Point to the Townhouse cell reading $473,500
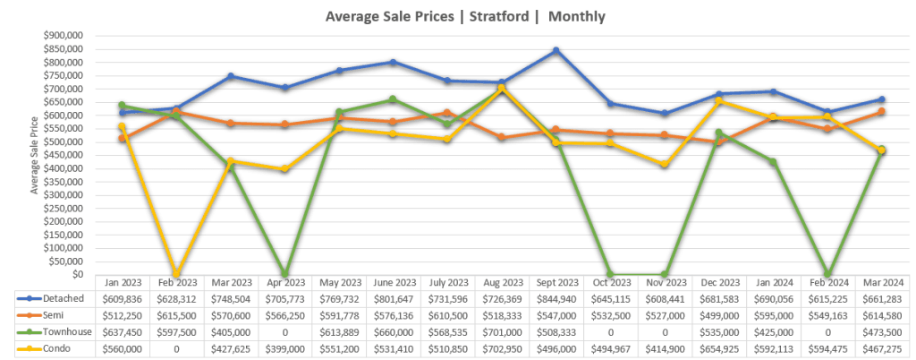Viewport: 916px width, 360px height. click(x=880, y=331)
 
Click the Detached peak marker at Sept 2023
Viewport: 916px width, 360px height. click(x=556, y=50)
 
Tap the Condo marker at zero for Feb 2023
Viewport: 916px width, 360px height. click(x=176, y=273)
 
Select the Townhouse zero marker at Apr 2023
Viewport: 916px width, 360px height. click(x=284, y=274)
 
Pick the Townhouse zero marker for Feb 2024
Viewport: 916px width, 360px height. click(x=827, y=274)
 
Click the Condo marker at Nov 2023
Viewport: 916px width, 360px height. click(x=664, y=165)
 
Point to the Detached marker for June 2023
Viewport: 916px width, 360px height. click(x=393, y=62)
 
